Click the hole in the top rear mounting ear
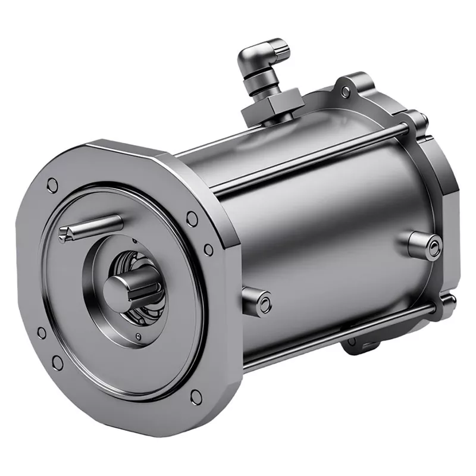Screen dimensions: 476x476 pyautogui.click(x=346, y=90)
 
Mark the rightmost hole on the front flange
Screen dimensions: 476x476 pyautogui.click(x=208, y=249)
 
